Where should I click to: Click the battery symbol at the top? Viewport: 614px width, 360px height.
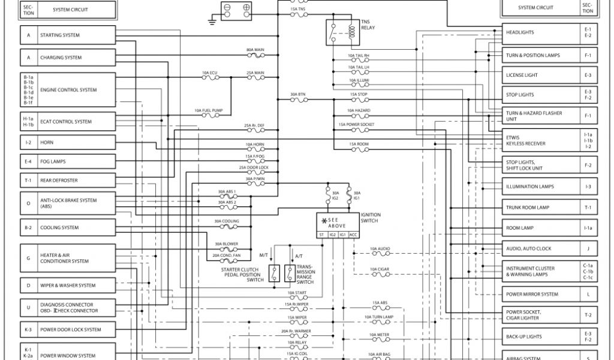pos(237,9)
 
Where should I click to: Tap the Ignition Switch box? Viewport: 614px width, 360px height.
pos(338,225)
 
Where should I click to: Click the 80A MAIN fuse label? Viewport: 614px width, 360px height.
pos(255,50)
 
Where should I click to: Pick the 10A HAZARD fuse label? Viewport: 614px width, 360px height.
pos(359,110)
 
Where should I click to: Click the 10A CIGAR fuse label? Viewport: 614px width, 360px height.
pos(380,269)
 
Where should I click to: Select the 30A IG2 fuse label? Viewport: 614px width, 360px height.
pos(335,194)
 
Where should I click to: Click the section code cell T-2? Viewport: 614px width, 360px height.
pos(588,315)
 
